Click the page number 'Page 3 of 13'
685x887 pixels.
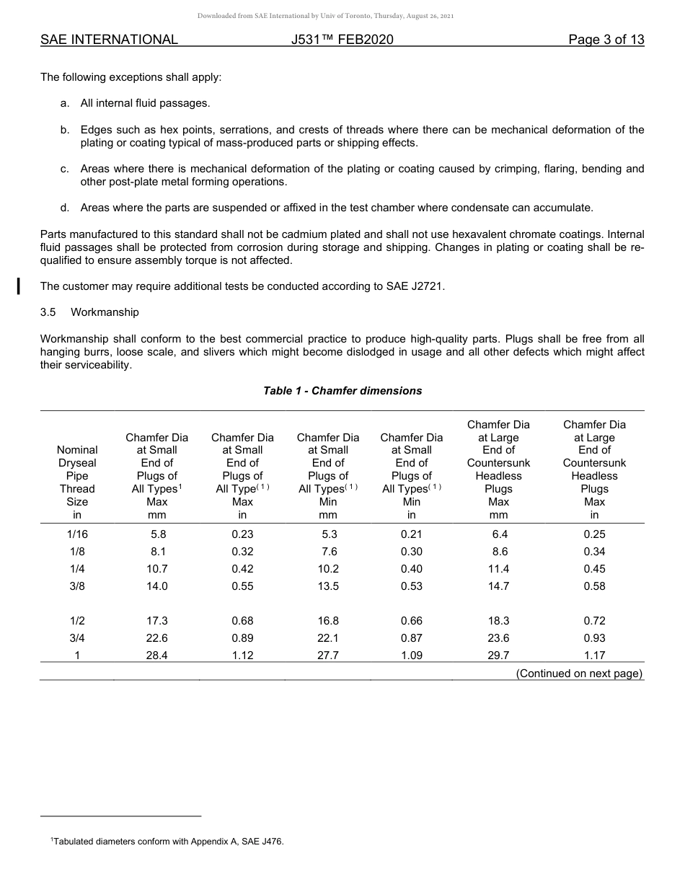[606, 40]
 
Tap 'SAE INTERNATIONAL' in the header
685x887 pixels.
[109, 40]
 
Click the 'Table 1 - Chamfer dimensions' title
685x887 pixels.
[342, 391]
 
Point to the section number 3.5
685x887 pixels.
[48, 312]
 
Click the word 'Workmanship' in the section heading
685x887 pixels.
[105, 312]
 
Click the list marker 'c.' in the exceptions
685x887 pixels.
[65, 169]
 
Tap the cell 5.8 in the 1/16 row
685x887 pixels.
[156, 534]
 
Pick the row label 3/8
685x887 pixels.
[77, 586]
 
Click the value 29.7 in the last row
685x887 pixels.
[498, 656]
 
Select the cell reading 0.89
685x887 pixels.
[242, 638]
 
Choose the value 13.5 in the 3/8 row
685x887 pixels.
[328, 586]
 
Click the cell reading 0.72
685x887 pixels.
[594, 621]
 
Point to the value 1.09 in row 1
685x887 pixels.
[411, 656]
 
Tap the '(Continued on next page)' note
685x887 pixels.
[579, 674]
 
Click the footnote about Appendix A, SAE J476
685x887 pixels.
[167, 841]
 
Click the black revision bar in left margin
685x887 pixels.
[19, 285]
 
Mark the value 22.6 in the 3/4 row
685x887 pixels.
[156, 638]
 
